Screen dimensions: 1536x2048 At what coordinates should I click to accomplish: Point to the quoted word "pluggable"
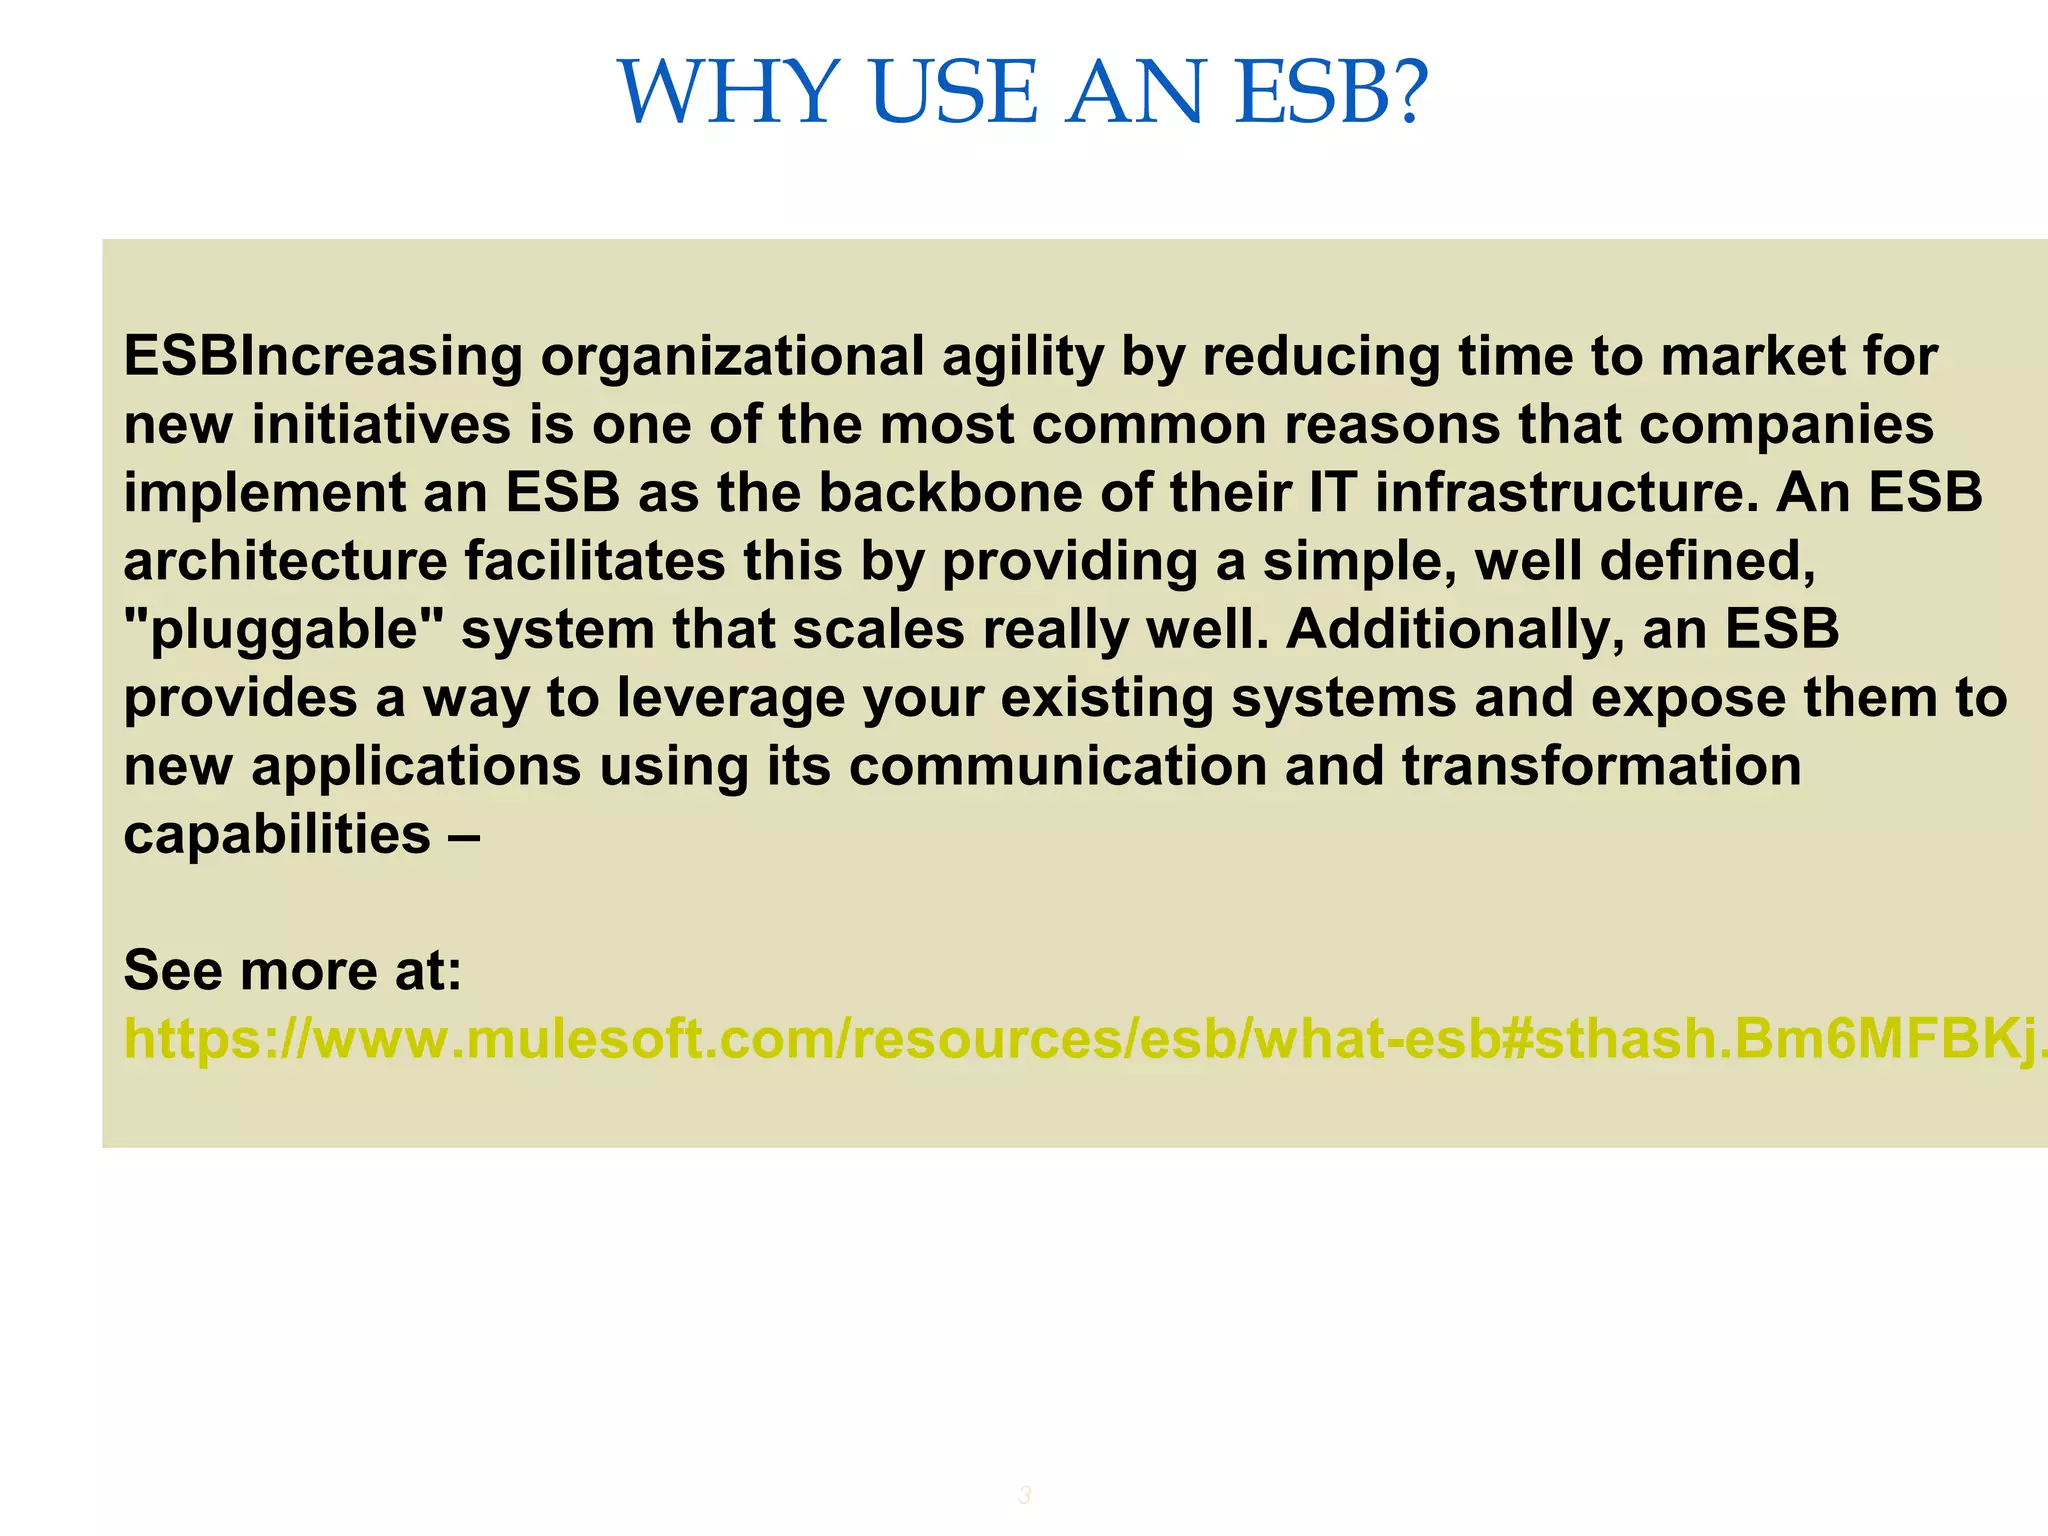click(283, 630)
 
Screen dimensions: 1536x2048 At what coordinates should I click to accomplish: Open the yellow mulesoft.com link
click(1080, 1039)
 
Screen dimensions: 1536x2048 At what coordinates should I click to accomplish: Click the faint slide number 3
click(1024, 1496)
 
